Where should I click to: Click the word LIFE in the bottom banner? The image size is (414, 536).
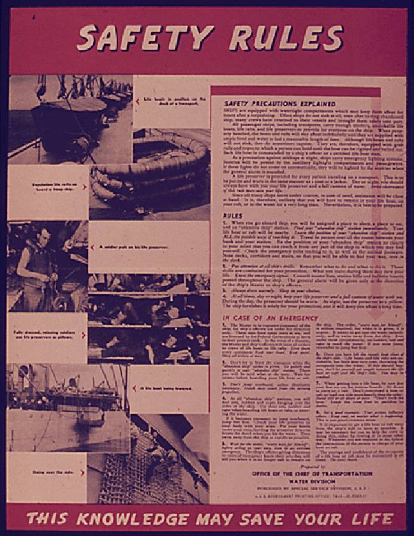(368, 518)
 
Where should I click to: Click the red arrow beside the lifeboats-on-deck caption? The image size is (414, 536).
(138, 100)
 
